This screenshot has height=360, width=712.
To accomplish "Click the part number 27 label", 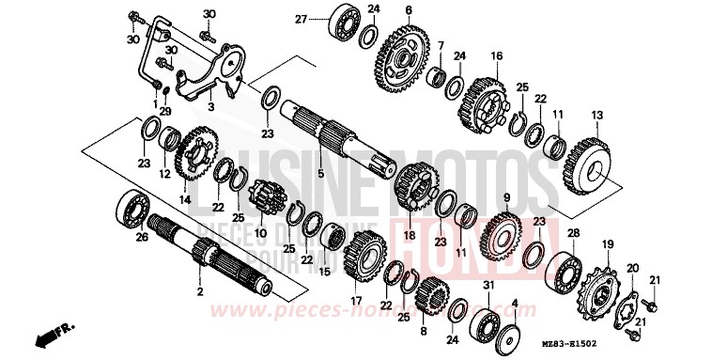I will [301, 19].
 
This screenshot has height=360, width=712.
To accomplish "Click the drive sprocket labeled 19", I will [596, 287].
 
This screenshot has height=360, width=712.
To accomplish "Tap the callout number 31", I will [488, 285].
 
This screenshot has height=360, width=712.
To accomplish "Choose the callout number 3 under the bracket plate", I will [210, 108].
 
